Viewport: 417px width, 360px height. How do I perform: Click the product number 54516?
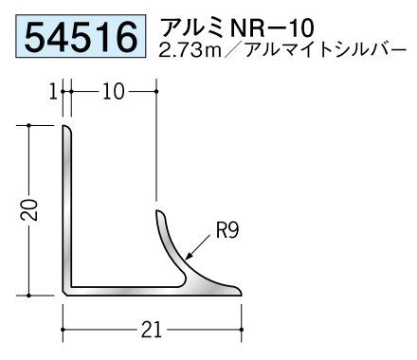tap(81, 37)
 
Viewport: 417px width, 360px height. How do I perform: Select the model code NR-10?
tap(272, 28)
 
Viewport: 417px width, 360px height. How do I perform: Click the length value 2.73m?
tap(190, 51)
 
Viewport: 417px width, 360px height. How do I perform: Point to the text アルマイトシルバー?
tap(325, 51)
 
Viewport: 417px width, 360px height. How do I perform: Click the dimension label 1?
tap(54, 92)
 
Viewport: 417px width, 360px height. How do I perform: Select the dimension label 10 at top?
tap(114, 92)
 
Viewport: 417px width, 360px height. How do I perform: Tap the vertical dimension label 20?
tap(29, 209)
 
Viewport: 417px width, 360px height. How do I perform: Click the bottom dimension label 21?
tap(152, 330)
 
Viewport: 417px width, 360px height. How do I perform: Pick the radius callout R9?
tap(227, 230)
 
